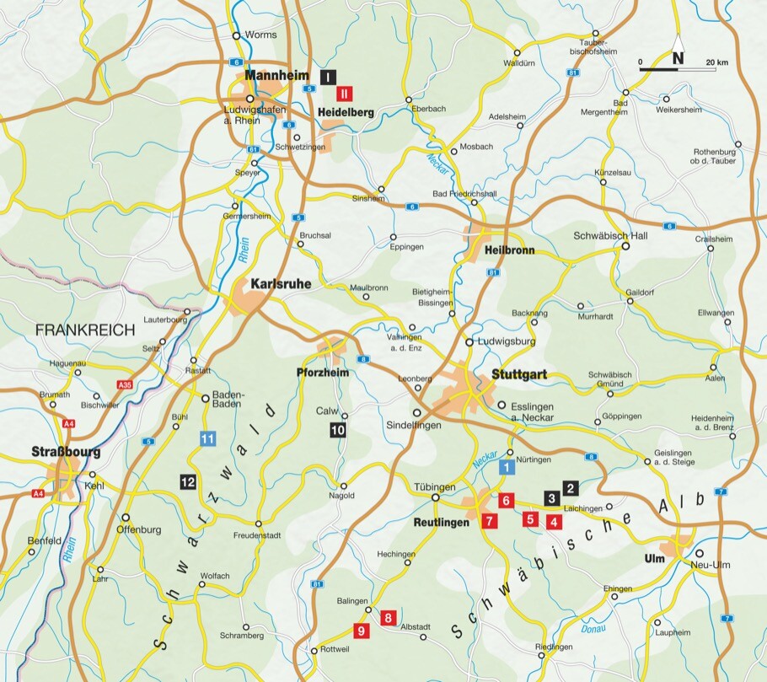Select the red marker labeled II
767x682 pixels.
345,94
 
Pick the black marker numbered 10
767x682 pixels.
338,430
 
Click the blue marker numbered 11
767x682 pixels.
208,438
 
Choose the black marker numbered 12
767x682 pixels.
188,481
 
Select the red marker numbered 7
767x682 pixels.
490,521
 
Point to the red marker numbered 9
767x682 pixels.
361,629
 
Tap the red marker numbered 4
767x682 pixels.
553,521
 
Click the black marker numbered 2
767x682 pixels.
571,487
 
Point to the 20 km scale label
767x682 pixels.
716,62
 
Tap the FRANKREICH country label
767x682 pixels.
85,330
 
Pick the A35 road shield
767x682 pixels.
126,384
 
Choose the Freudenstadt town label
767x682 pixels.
256,535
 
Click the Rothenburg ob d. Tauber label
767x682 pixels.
712,155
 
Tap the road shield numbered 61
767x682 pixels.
253,149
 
